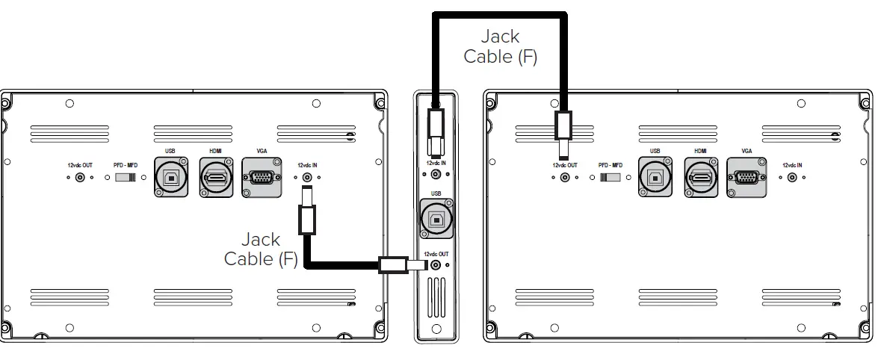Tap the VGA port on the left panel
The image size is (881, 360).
coord(262,178)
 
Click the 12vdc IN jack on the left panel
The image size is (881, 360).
coord(307,178)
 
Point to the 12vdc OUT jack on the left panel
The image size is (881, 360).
coord(80,178)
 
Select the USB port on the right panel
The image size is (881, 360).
coord(655,178)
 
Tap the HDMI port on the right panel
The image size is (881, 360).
coord(700,178)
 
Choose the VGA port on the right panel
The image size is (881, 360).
coord(746,178)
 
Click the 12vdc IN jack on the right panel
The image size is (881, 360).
coord(792,178)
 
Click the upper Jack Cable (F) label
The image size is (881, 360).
coord(500,46)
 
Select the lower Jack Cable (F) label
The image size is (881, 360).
coord(261,249)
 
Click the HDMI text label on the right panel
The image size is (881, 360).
coord(700,151)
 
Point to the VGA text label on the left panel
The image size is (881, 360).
coord(261,151)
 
